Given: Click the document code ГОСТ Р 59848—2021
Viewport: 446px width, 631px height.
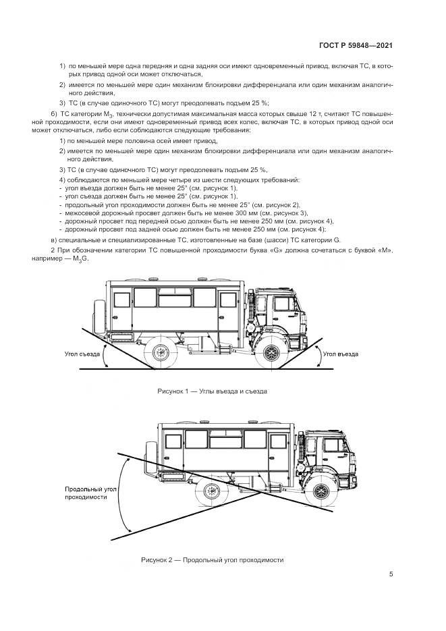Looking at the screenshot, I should pyautogui.click(x=356, y=46).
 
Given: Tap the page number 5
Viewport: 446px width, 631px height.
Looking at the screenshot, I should pyautogui.click(x=391, y=574).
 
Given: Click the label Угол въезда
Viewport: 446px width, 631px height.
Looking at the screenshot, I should pyautogui.click(x=340, y=354).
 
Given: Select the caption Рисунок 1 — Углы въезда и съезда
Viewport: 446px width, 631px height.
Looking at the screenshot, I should pyautogui.click(x=213, y=391).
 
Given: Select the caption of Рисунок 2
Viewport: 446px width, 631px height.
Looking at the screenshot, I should pyautogui.click(x=213, y=559).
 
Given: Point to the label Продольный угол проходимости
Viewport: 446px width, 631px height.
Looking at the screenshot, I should pyautogui.click(x=86, y=492).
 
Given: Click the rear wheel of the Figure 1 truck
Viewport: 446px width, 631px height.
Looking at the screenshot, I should pyautogui.click(x=162, y=351).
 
